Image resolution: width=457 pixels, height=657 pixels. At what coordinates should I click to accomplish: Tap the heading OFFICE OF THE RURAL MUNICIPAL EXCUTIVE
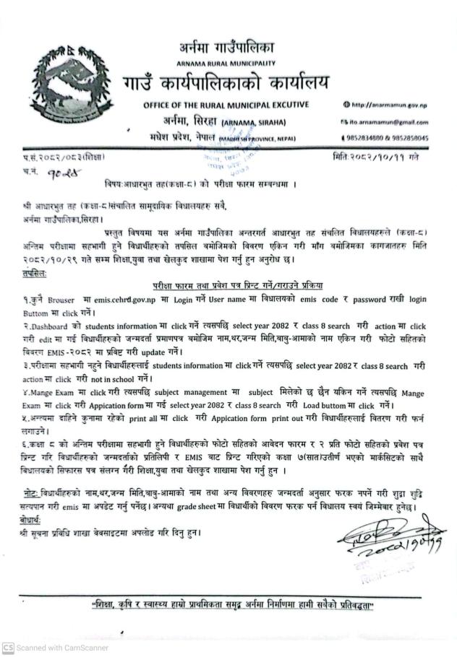point(226,105)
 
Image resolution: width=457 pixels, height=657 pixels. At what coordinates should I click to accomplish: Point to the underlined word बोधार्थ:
point(32,519)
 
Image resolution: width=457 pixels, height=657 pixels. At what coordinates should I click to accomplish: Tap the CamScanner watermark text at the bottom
point(61,648)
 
